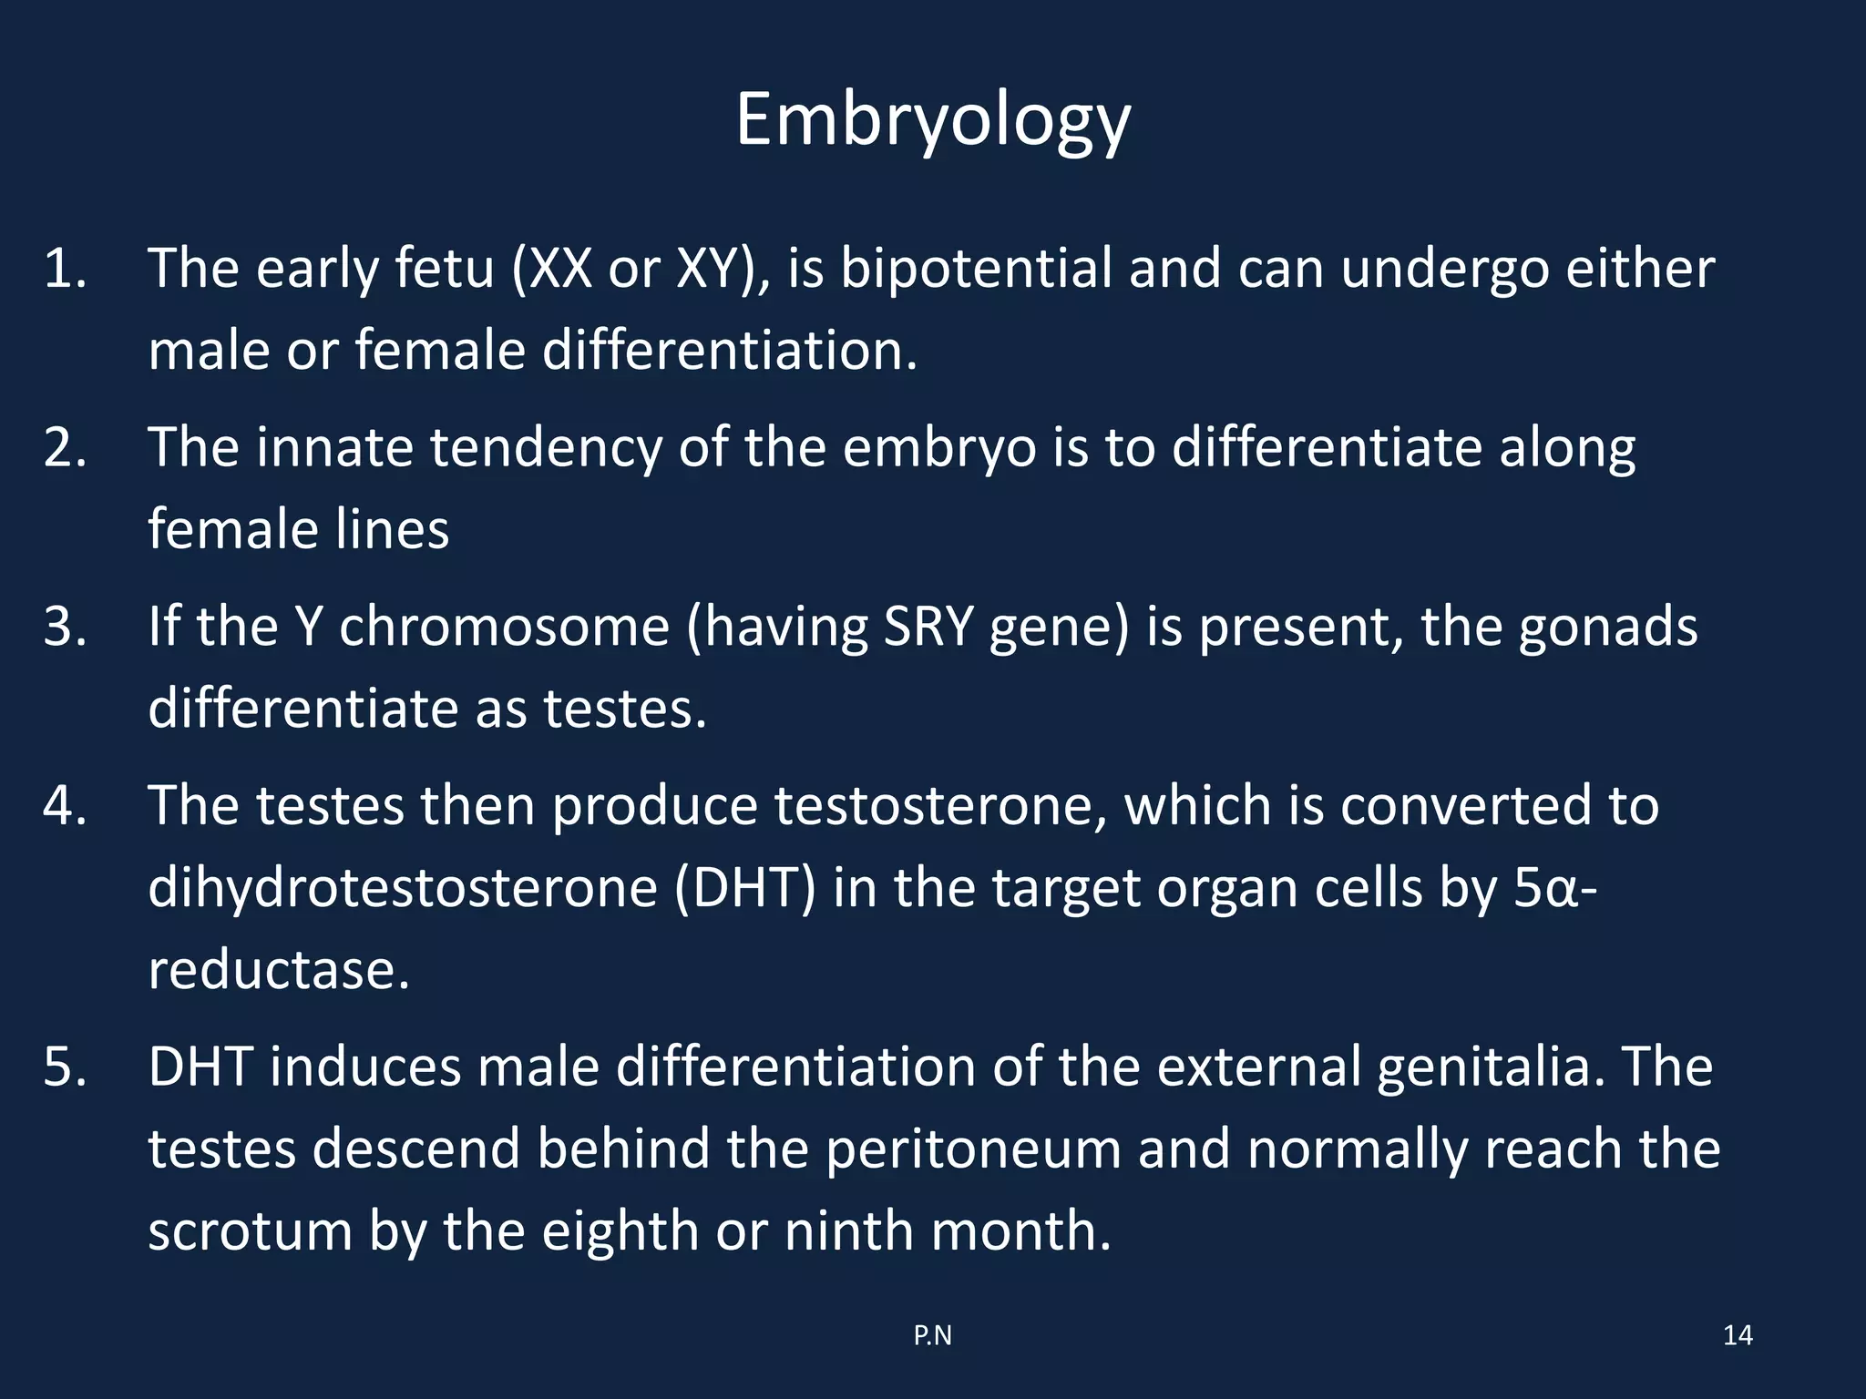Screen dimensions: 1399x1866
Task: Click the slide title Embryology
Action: [x=932, y=121]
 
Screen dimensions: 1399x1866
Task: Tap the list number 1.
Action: [x=65, y=270]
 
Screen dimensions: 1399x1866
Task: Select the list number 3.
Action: [x=65, y=628]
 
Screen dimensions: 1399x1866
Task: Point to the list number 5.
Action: [x=65, y=1067]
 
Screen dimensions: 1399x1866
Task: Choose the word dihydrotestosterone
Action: [x=402, y=888]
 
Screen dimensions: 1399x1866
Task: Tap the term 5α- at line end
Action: [x=1554, y=888]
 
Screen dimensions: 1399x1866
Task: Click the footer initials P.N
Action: [x=932, y=1335]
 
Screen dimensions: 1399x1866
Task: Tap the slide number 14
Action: [x=1738, y=1335]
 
